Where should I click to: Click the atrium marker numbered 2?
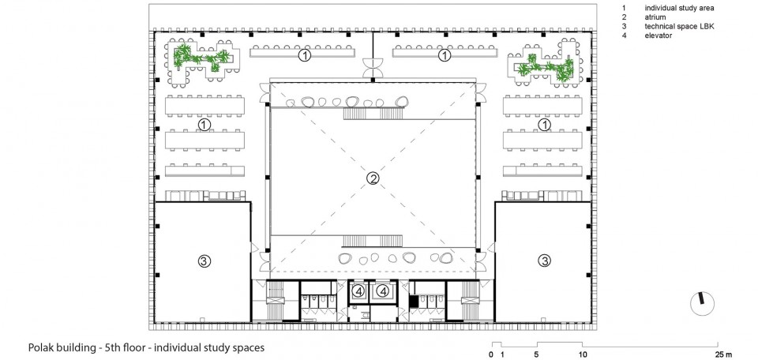click(372, 178)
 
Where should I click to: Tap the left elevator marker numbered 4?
click(358, 291)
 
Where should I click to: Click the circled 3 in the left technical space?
click(205, 261)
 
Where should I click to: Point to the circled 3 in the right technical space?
click(545, 261)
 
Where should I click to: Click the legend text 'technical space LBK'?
click(679, 27)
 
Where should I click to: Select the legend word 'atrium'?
click(655, 17)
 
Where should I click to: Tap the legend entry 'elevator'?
click(658, 36)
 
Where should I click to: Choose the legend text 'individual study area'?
click(679, 8)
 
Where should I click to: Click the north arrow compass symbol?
click(703, 305)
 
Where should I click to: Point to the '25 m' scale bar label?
click(724, 354)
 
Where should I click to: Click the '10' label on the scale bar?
click(584, 354)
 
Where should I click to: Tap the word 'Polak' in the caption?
click(40, 347)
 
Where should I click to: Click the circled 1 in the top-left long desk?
click(304, 56)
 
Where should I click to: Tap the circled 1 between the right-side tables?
click(545, 126)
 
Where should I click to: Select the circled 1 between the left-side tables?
click(205, 126)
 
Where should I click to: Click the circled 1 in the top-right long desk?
click(445, 56)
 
